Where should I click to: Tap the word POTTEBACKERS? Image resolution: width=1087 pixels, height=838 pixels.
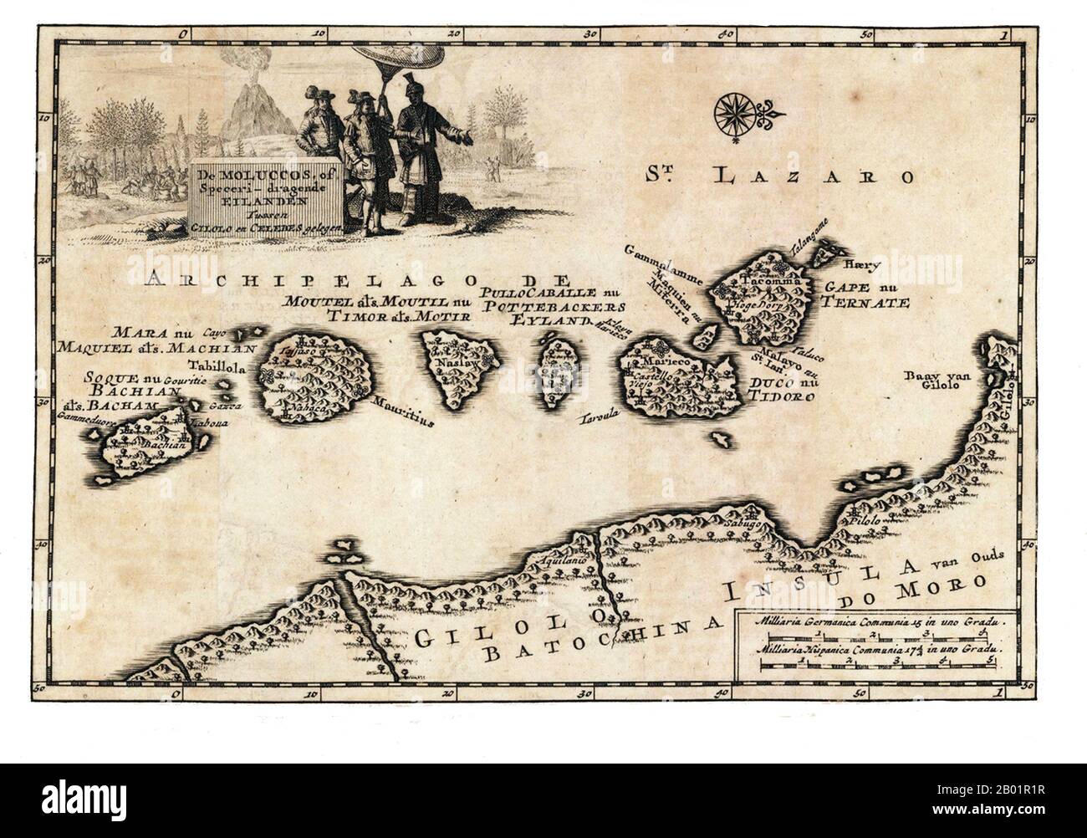(548, 307)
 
